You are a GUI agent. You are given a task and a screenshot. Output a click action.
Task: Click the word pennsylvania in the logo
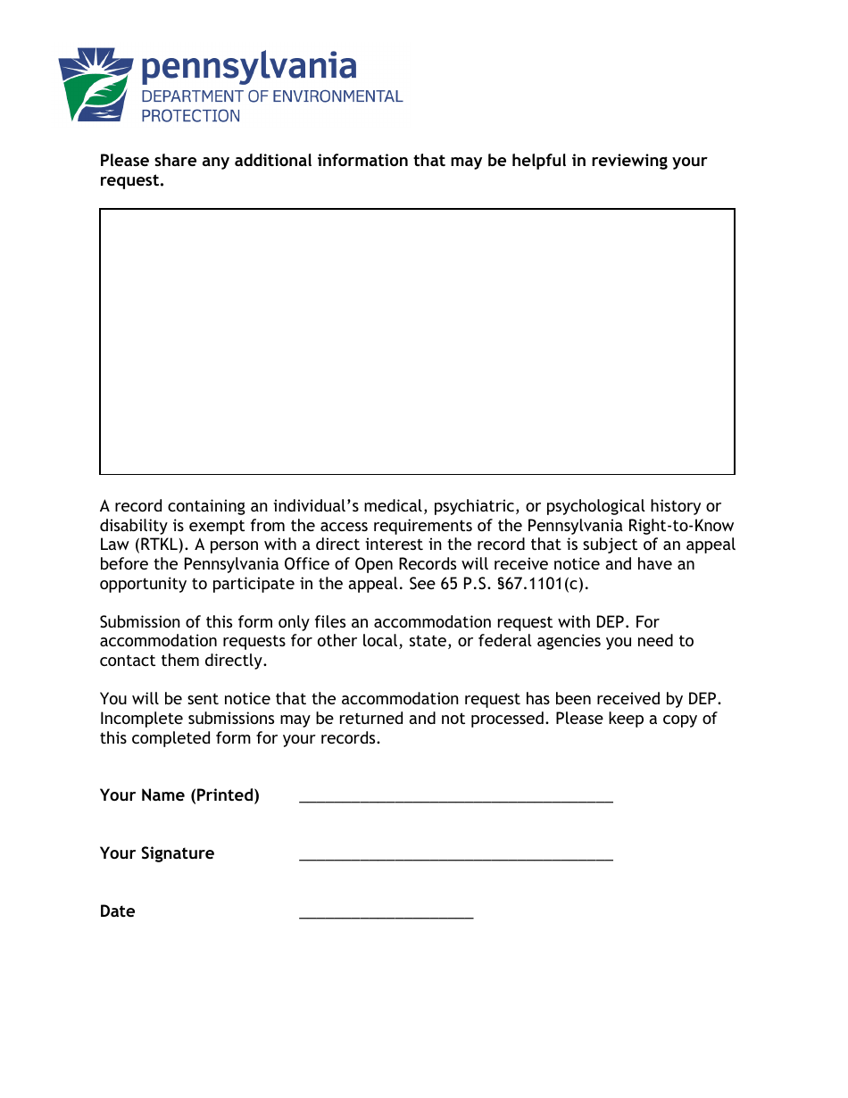[x=249, y=68]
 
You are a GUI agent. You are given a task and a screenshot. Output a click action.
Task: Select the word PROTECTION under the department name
[x=191, y=116]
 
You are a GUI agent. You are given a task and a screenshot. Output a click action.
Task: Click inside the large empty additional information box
[x=417, y=341]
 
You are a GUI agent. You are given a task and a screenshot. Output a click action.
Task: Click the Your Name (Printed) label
[x=179, y=795]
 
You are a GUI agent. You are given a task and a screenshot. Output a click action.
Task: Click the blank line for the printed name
[x=456, y=799]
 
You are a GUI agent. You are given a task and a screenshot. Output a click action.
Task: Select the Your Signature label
[x=157, y=853]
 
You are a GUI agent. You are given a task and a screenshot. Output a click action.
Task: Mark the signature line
[x=456, y=857]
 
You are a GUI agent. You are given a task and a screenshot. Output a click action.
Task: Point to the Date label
[x=118, y=911]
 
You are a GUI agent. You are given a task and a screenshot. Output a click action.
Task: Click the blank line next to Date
[x=386, y=915]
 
